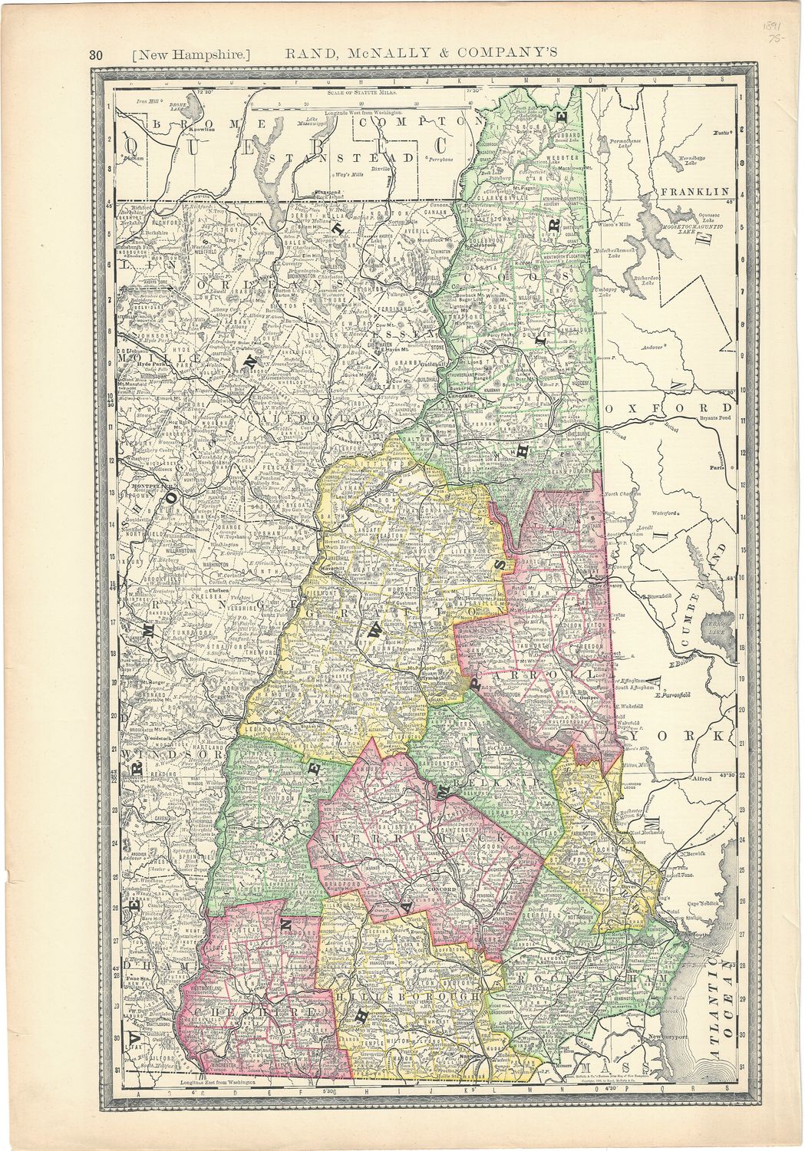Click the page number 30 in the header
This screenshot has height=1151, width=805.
pyautogui.click(x=96, y=54)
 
